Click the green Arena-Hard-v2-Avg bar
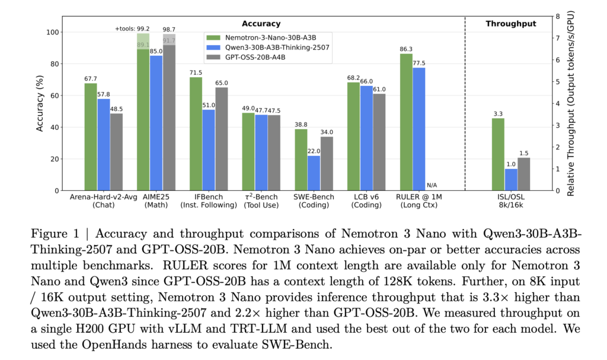(x=91, y=137)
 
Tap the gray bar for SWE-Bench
(x=327, y=164)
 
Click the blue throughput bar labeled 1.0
(x=511, y=180)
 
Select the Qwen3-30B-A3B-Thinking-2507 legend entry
(x=272, y=46)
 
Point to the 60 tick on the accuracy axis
(x=54, y=95)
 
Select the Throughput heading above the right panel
(x=510, y=24)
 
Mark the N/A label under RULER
(x=432, y=185)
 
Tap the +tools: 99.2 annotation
(x=132, y=28)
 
